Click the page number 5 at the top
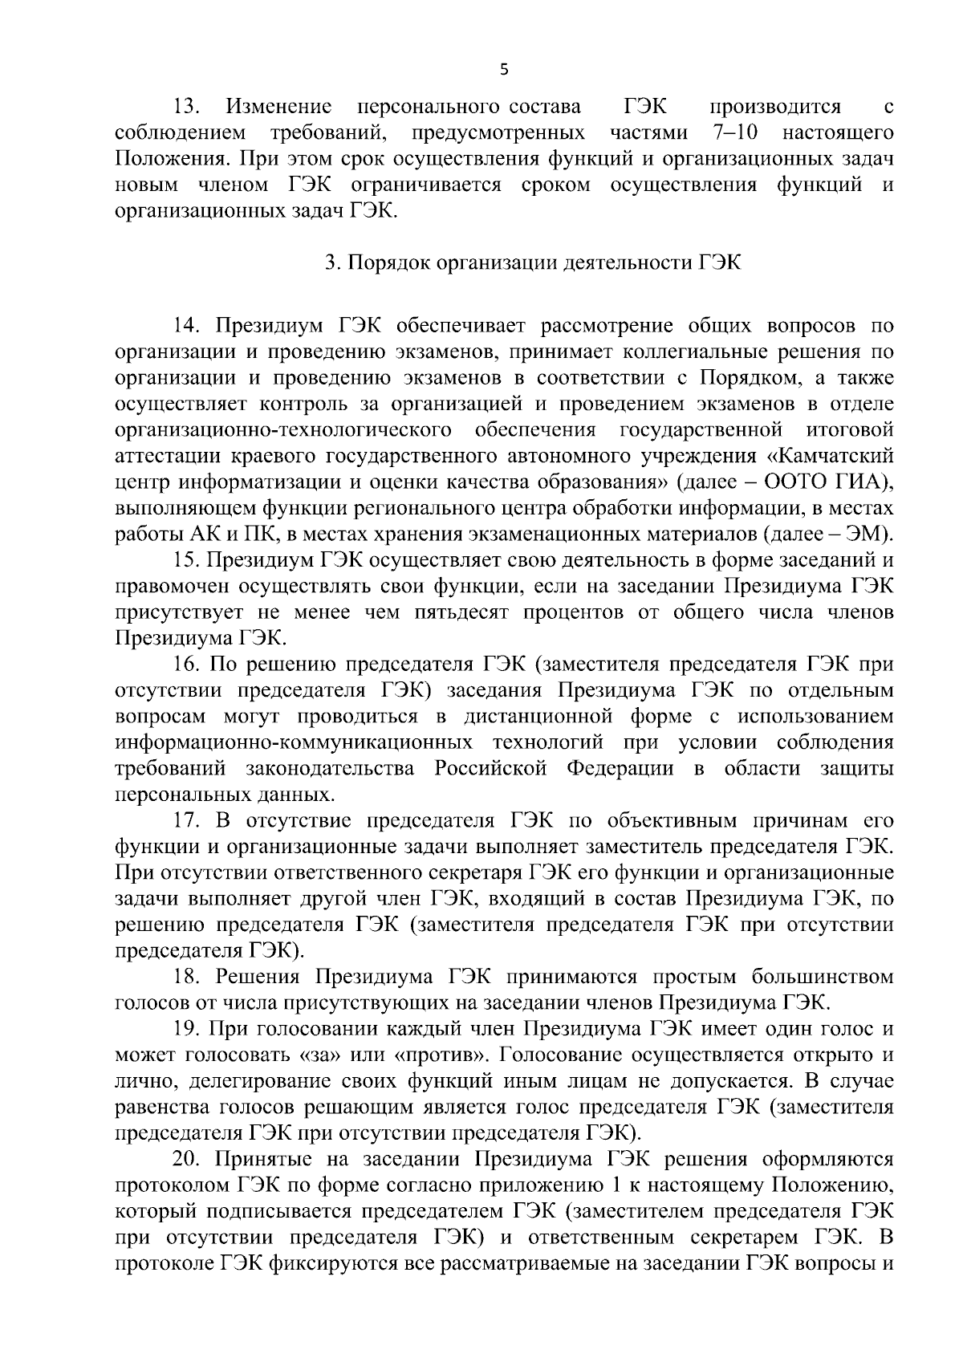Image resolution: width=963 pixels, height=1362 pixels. [x=503, y=70]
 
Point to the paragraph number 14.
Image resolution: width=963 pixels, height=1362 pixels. [x=188, y=326]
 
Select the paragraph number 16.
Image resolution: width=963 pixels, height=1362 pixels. [x=188, y=665]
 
